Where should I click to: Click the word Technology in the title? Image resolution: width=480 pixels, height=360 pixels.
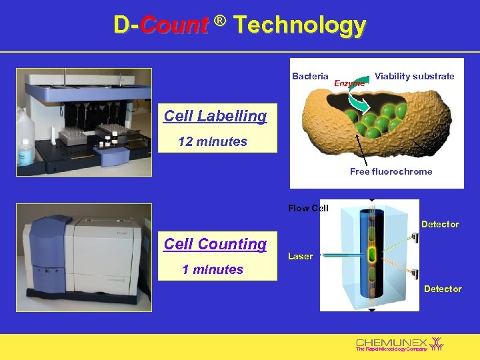300,25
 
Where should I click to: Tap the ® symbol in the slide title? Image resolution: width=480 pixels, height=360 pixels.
221,23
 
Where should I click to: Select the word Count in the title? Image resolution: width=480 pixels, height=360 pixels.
174,25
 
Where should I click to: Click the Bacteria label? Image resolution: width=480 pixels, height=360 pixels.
310,76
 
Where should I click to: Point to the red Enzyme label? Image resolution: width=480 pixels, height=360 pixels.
349,83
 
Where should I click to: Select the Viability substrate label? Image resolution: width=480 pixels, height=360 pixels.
414,76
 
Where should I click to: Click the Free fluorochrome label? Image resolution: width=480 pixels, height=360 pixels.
391,171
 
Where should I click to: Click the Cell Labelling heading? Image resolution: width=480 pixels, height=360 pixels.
215,116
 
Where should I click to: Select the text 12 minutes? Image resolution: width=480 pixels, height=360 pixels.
213,141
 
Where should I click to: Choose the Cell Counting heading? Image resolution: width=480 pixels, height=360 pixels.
215,244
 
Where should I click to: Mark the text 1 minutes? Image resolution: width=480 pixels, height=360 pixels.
213,269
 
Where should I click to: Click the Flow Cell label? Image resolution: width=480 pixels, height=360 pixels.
308,208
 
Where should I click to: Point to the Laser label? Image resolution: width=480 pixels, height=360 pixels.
300,256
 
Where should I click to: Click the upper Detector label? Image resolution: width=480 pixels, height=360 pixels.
440,224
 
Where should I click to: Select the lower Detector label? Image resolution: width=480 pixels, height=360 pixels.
443,289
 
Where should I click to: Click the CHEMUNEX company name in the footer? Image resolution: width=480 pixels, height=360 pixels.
391,342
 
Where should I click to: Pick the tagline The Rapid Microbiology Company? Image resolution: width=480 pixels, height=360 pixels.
391,349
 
